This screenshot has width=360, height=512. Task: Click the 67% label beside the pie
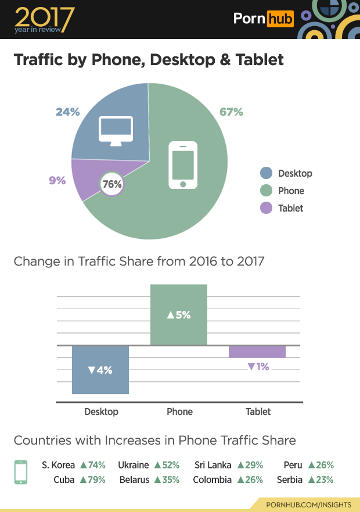pos(231,112)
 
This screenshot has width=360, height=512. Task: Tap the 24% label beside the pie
pos(67,112)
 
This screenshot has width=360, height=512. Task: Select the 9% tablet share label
pos(57,180)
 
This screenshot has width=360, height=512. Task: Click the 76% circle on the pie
pos(111,184)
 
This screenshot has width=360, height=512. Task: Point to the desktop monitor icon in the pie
pos(116,131)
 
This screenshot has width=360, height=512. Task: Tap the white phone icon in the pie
pos(183,164)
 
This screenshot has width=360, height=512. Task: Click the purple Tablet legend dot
pos(266,208)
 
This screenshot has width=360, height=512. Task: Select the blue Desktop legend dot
pos(266,173)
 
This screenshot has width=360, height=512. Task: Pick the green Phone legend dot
pos(266,191)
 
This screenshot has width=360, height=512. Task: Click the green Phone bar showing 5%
pos(179,314)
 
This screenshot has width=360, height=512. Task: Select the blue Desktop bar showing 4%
pos(100,370)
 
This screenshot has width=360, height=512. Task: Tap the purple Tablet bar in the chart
pos(257,352)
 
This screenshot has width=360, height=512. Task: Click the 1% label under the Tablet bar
pos(258,367)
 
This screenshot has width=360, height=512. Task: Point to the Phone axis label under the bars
pos(179,411)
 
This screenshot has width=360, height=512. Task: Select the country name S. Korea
pos(59,465)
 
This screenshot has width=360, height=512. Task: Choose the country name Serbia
pos(290,480)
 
